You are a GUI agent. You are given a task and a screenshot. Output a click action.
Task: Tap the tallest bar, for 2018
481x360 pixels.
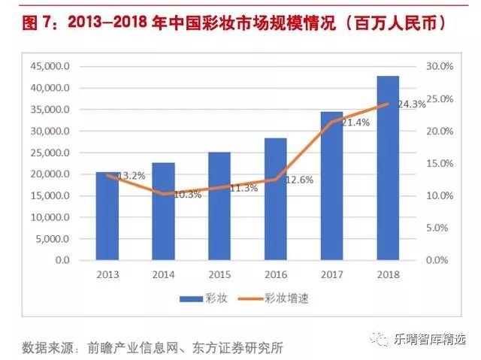(x=388, y=168)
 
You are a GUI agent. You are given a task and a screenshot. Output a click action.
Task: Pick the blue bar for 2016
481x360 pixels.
(x=276, y=199)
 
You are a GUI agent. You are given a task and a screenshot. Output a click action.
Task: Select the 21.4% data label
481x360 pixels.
(x=355, y=123)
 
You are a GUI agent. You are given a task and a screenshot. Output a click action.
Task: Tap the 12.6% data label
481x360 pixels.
(x=298, y=180)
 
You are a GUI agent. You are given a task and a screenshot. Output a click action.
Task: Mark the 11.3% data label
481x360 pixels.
(x=242, y=189)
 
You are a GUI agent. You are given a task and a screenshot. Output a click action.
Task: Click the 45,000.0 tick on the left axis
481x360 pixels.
(x=50, y=66)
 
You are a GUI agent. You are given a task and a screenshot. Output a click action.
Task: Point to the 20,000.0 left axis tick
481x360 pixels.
(x=50, y=174)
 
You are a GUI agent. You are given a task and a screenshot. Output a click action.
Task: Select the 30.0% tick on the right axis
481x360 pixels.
(x=440, y=66)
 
